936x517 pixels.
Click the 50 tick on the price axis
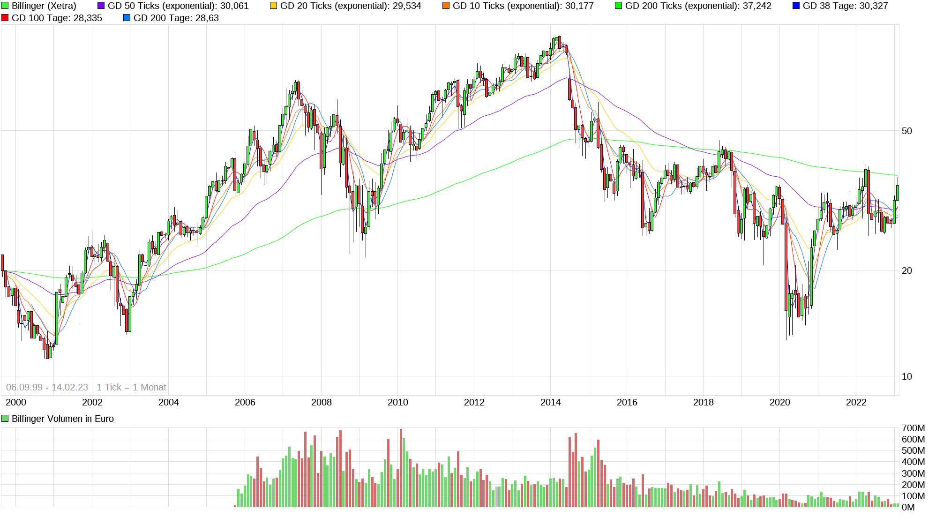[x=907, y=131]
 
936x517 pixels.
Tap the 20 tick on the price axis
[x=907, y=270]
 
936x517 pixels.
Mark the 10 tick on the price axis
[x=907, y=376]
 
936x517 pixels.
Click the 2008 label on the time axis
[x=321, y=402]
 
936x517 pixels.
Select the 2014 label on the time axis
[x=550, y=402]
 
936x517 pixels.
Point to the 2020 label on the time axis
[x=779, y=402]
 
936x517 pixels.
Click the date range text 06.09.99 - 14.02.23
[x=47, y=387]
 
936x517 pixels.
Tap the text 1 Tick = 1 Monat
[x=131, y=387]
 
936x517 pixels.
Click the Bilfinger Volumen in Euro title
[x=62, y=419]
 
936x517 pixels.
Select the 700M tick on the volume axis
[x=913, y=428]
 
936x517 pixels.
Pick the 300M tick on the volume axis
[x=913, y=473]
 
